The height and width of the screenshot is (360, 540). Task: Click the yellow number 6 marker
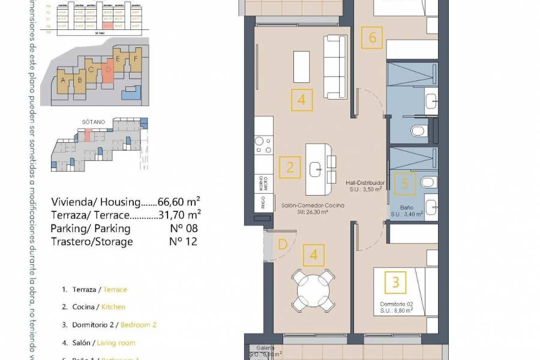click(373, 38)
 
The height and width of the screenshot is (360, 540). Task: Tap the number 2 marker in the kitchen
click(290, 167)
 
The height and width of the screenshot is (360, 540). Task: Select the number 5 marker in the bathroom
click(405, 184)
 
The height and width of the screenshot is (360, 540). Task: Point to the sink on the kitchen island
click(317, 170)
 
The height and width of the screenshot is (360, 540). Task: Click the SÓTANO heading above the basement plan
click(93, 122)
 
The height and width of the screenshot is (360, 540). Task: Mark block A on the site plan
click(63, 79)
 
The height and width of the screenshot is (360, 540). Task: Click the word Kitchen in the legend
click(114, 307)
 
